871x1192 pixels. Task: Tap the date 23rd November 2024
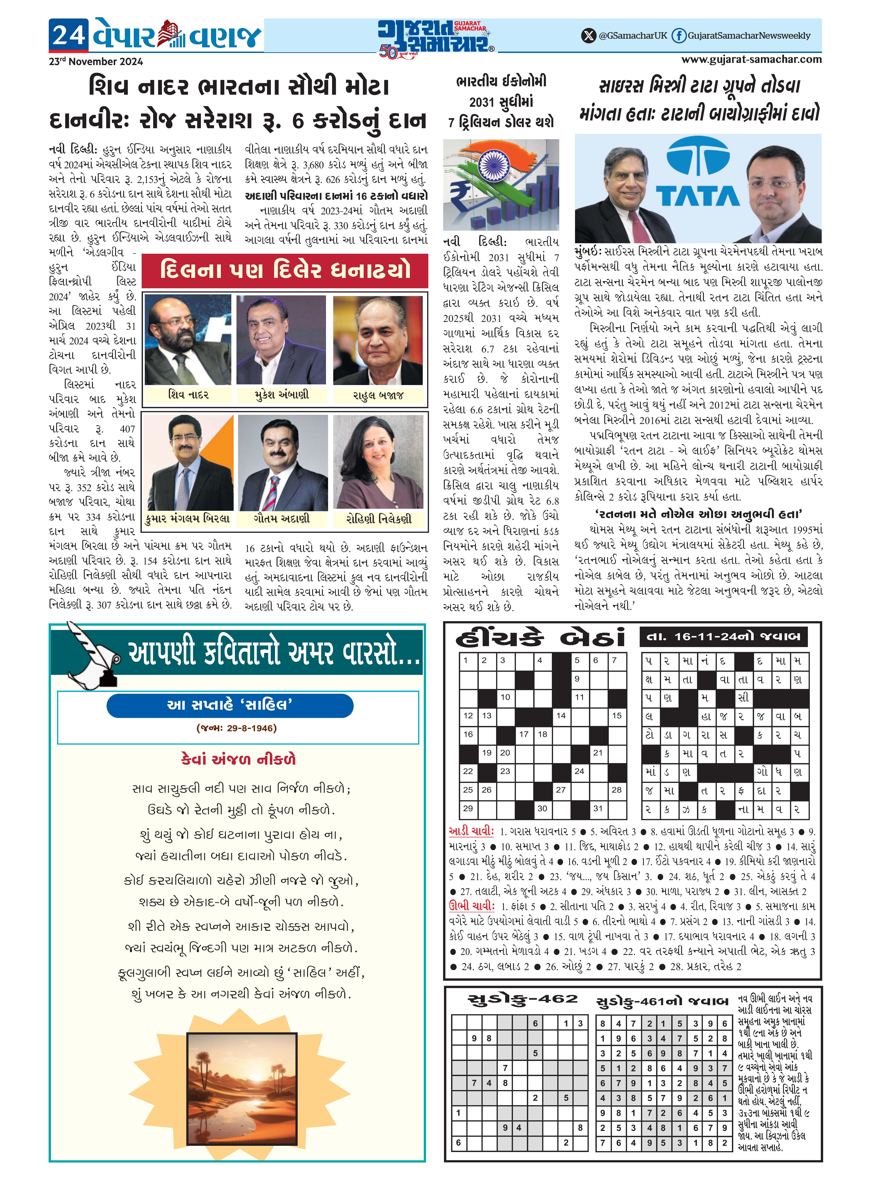96,62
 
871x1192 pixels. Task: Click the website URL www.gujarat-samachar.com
751,60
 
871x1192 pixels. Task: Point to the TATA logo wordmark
698,196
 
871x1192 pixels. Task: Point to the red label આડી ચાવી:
471,831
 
